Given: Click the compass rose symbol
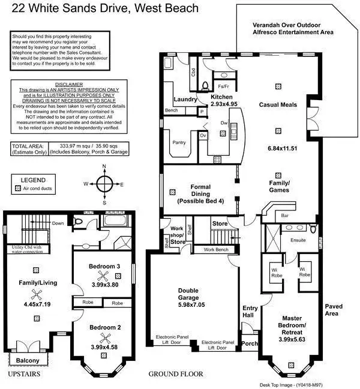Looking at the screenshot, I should click(104, 185).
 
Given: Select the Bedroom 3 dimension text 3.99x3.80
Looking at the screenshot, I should click(105, 285).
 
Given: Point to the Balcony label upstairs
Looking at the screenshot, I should click(28, 360).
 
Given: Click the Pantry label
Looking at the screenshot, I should click(179, 143).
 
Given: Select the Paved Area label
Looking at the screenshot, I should click(332, 309).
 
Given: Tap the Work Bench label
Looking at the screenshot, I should click(216, 249).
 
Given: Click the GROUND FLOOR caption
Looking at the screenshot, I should click(176, 374).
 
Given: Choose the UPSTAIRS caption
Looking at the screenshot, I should click(25, 374).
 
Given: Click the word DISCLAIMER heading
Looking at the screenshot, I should click(59, 85).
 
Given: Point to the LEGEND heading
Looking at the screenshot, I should click(33, 179).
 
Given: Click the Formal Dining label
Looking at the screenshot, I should click(200, 191).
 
